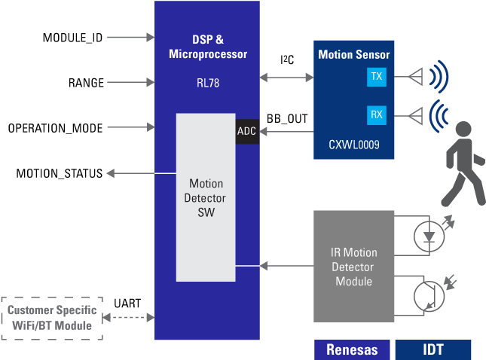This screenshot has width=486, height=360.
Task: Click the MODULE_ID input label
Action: click(x=72, y=37)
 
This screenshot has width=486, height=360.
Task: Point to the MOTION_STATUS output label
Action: click(x=60, y=174)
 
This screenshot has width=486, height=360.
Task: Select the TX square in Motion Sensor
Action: click(x=376, y=77)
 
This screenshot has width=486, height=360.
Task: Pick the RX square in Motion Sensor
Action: click(x=376, y=115)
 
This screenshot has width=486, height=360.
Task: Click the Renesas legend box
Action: click(x=352, y=349)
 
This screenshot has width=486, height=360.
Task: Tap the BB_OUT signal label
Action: click(x=288, y=118)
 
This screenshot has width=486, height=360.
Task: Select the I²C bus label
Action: click(x=287, y=59)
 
